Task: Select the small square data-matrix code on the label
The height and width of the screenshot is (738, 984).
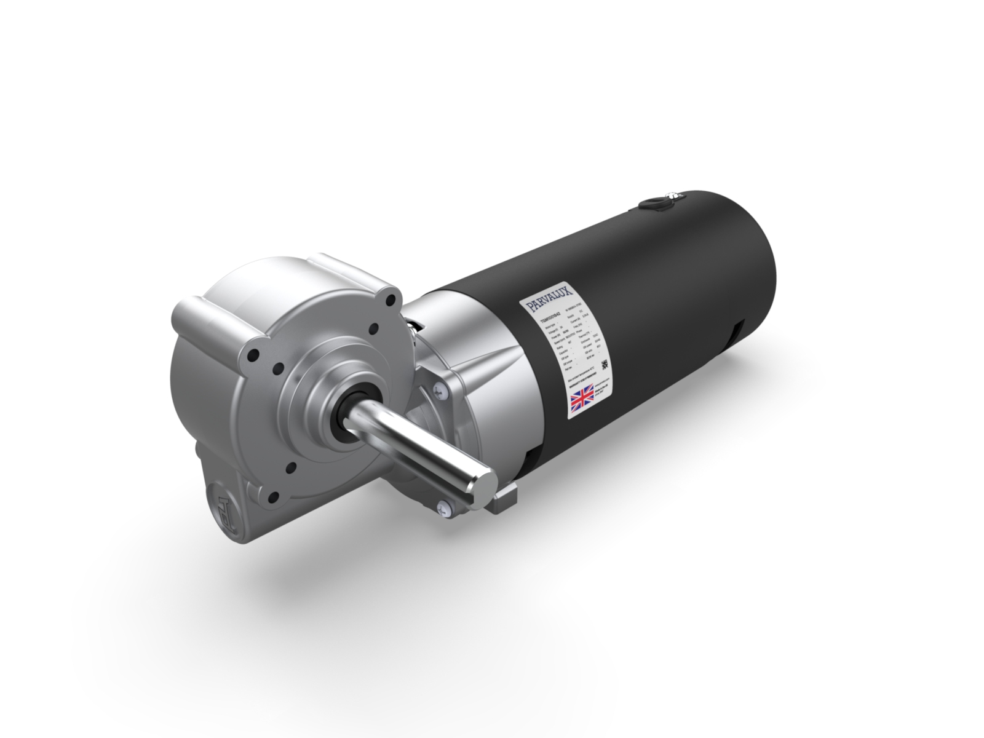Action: (x=606, y=364)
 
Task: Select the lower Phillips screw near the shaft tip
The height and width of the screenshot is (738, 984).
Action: (x=444, y=506)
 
